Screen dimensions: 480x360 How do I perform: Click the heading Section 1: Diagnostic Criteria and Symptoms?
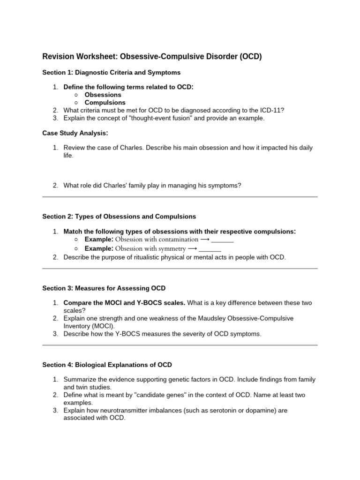tap(111, 73)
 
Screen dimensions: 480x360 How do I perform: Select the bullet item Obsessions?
tap(103, 95)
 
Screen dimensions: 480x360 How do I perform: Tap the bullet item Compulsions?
tap(105, 103)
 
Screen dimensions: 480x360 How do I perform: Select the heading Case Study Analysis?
tap(75, 133)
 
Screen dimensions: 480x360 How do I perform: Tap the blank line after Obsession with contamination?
tap(222, 240)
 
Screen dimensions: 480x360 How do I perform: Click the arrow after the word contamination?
tap(204, 240)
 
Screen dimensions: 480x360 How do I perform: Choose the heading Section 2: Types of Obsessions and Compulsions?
tap(119, 217)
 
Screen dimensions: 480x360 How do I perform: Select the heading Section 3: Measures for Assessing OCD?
tap(104, 288)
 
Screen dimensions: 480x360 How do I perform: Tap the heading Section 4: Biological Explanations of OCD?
tap(107, 365)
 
